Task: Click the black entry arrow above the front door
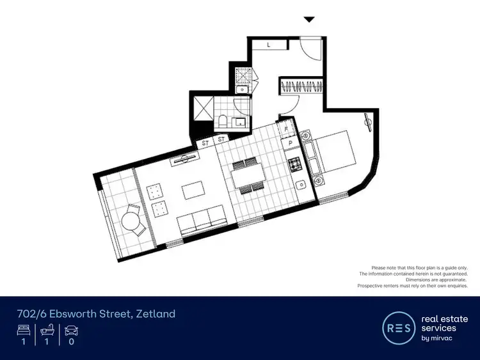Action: click(309, 20)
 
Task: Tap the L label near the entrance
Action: click(269, 44)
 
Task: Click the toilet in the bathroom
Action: click(222, 120)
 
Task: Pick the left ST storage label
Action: click(206, 143)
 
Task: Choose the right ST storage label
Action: click(221, 139)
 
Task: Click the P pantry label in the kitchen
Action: click(290, 143)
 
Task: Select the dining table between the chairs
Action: click(247, 174)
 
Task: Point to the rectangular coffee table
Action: click(193, 192)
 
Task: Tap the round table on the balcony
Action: click(132, 221)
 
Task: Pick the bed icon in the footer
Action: click(24, 330)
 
